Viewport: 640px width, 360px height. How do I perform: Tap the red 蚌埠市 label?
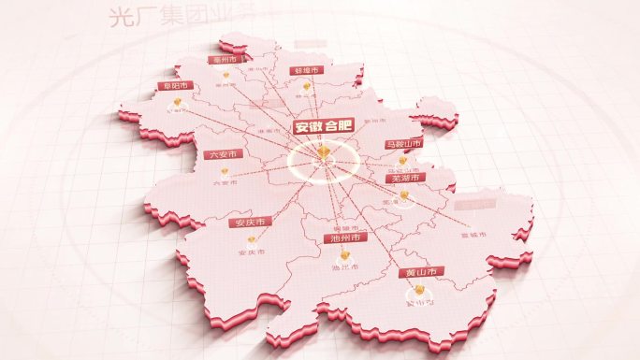(x=305, y=71)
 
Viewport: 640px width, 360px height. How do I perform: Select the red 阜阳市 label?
(x=174, y=86)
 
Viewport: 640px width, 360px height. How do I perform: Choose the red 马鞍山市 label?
(x=403, y=144)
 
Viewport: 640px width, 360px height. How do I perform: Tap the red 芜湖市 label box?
(x=406, y=178)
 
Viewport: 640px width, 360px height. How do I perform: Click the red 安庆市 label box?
(x=250, y=223)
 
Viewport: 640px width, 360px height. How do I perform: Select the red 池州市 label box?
(x=345, y=238)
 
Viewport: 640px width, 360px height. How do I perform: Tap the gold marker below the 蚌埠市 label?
(x=305, y=87)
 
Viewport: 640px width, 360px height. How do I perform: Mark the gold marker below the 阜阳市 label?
(x=174, y=105)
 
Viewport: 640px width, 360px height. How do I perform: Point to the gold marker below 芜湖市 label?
(x=404, y=194)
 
